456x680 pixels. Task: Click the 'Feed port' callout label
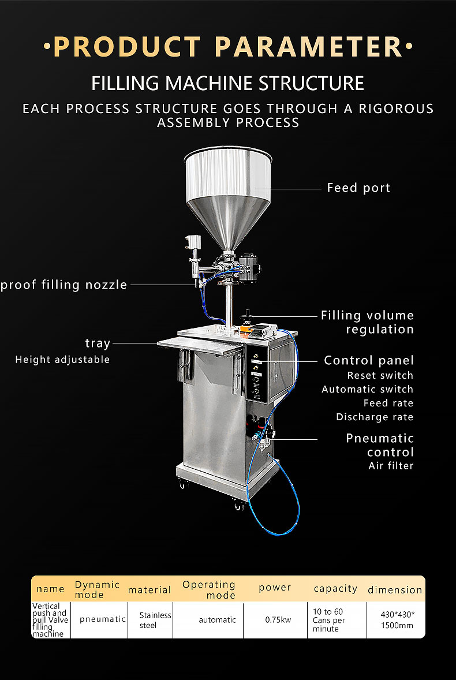(358, 188)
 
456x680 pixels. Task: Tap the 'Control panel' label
(369, 360)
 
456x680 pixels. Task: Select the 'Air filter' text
(391, 466)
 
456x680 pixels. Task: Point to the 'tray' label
(98, 343)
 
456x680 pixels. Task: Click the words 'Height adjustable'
(62, 360)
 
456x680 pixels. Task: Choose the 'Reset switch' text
(380, 376)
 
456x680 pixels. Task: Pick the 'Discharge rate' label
(375, 417)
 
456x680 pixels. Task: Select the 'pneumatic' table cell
(103, 619)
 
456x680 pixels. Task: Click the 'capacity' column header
(335, 588)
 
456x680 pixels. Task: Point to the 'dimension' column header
(395, 590)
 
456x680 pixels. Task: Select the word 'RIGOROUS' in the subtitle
(396, 109)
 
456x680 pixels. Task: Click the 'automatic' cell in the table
(217, 620)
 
